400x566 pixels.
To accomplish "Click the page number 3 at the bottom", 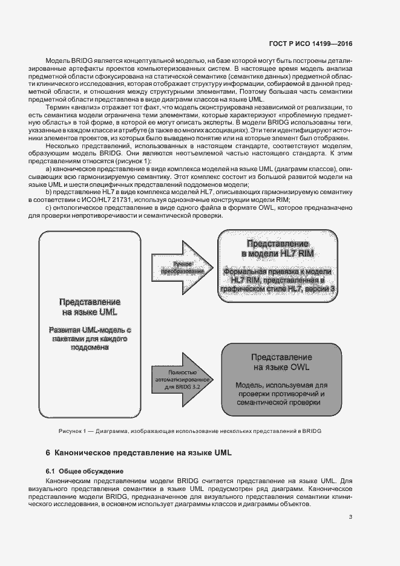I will pyautogui.click(x=350, y=516).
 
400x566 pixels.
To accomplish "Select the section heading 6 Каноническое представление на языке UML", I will pyautogui.click(x=139, y=452).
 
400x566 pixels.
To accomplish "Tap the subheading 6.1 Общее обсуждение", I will pyautogui.click(x=85, y=470).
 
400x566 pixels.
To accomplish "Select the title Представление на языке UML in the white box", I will pyautogui.click(x=90, y=307).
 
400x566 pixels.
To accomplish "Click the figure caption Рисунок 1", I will pyautogui.click(x=73, y=431).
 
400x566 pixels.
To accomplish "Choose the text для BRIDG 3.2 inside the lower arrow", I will pyautogui.click(x=183, y=386).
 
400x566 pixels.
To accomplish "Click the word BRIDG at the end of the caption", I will pyautogui.click(x=311, y=431).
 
